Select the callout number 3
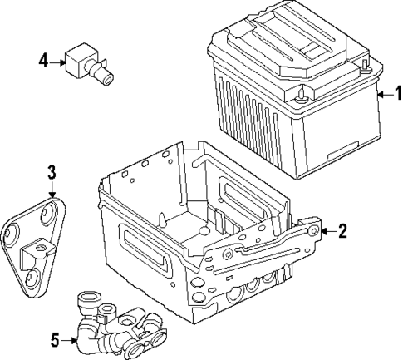point(51,172)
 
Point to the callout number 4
point(43,59)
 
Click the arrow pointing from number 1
point(381,95)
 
